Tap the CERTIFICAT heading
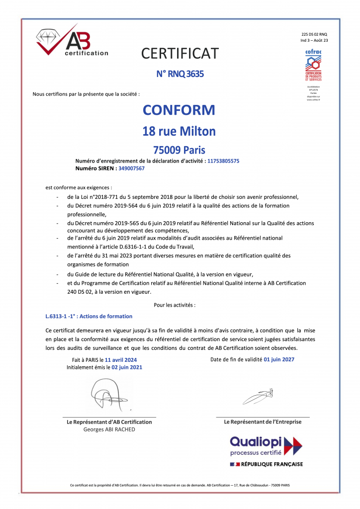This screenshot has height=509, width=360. pos(180,53)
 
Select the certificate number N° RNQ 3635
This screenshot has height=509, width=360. pos(180,74)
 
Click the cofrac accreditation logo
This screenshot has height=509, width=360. pos(313,65)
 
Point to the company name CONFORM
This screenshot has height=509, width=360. pos(179,110)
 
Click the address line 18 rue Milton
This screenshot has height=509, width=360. pos(179,131)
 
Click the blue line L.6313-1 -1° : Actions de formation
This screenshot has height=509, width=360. pos(89,316)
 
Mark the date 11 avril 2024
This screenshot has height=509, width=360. pos(120,359)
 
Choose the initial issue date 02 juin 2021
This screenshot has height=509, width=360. pos(127,367)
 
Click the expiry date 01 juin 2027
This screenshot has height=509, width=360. pos(279,359)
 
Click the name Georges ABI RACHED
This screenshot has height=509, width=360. pos(109,429)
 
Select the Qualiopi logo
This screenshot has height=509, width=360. pos(266,445)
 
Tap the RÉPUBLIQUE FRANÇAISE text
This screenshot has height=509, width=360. pos(271,464)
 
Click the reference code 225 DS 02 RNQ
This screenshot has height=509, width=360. pos(314,33)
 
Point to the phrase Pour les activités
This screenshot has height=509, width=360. pos(175,304)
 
